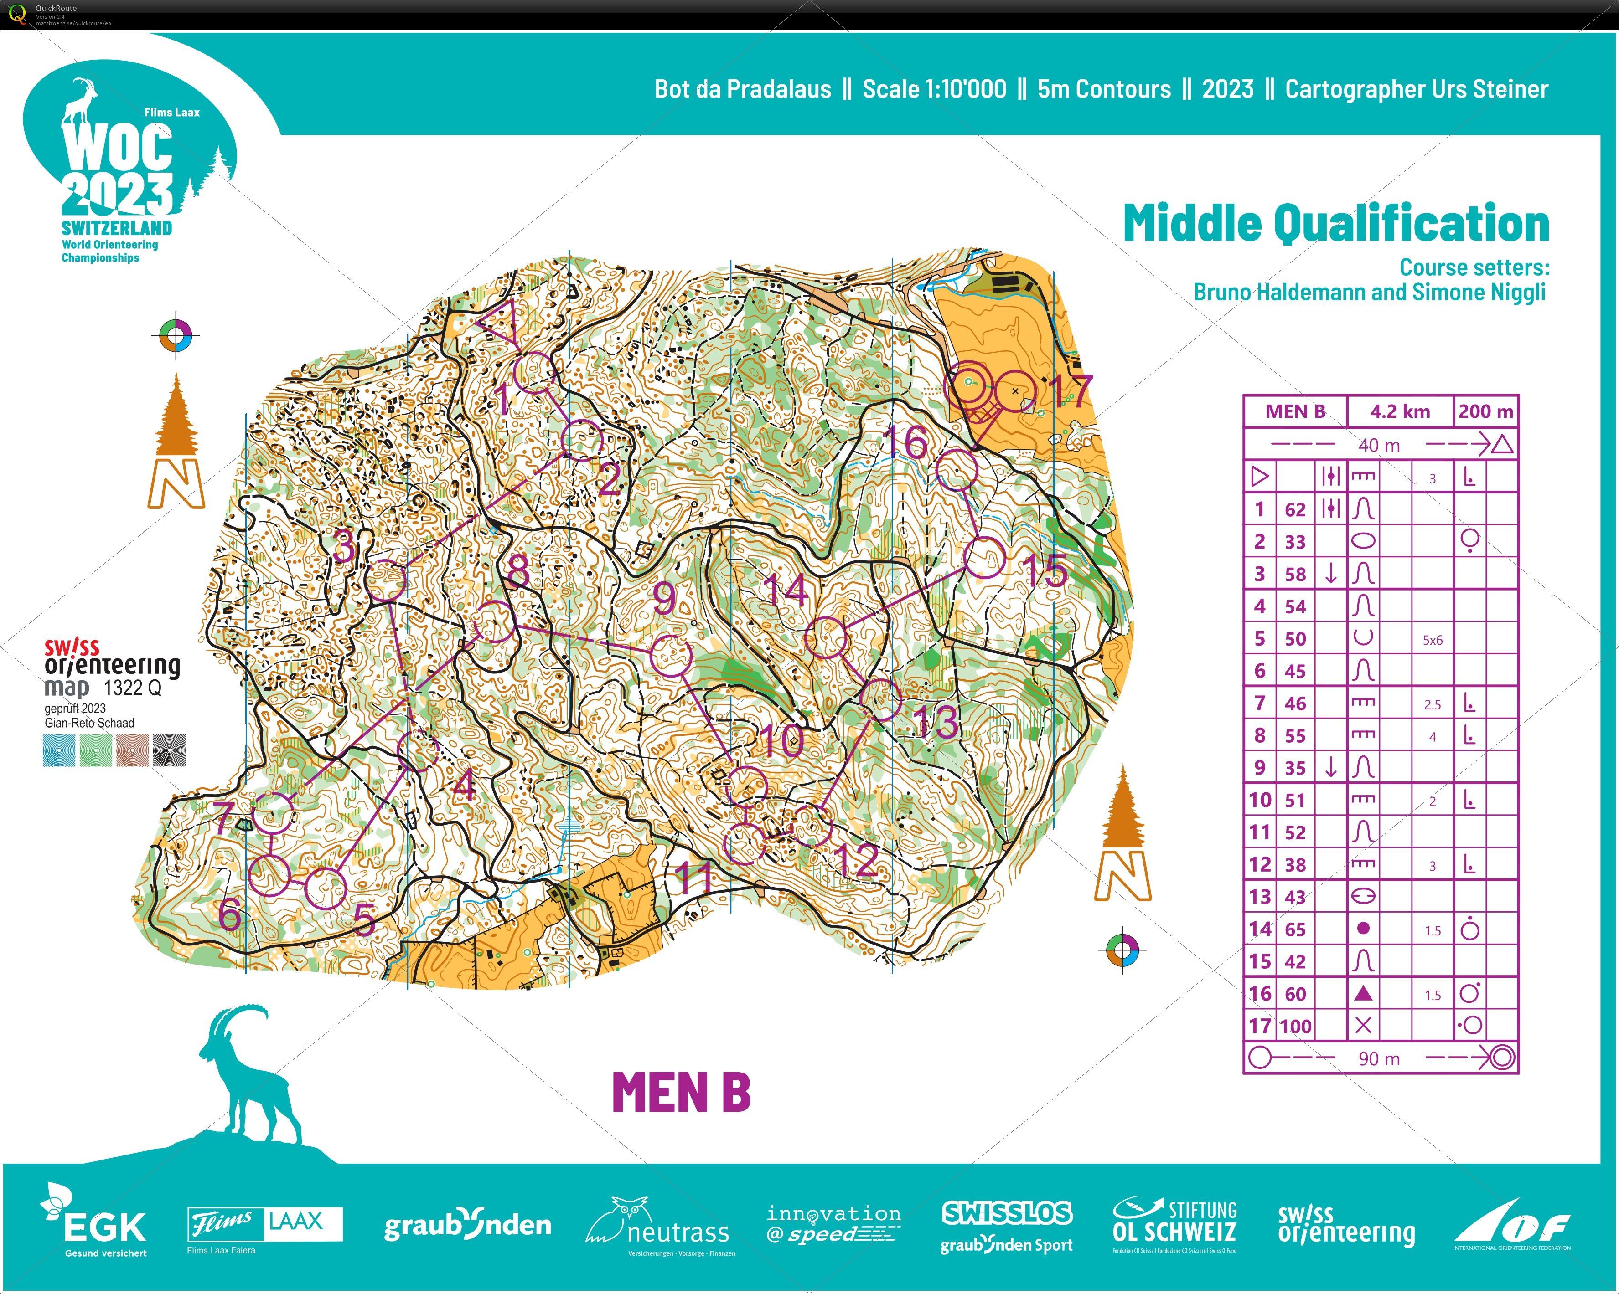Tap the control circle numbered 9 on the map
click(671, 655)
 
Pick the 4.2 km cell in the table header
click(1400, 411)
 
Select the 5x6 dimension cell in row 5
click(1432, 640)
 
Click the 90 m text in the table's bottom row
click(1379, 1059)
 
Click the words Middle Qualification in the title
click(1336, 224)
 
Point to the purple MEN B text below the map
click(681, 1092)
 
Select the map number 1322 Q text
click(132, 688)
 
